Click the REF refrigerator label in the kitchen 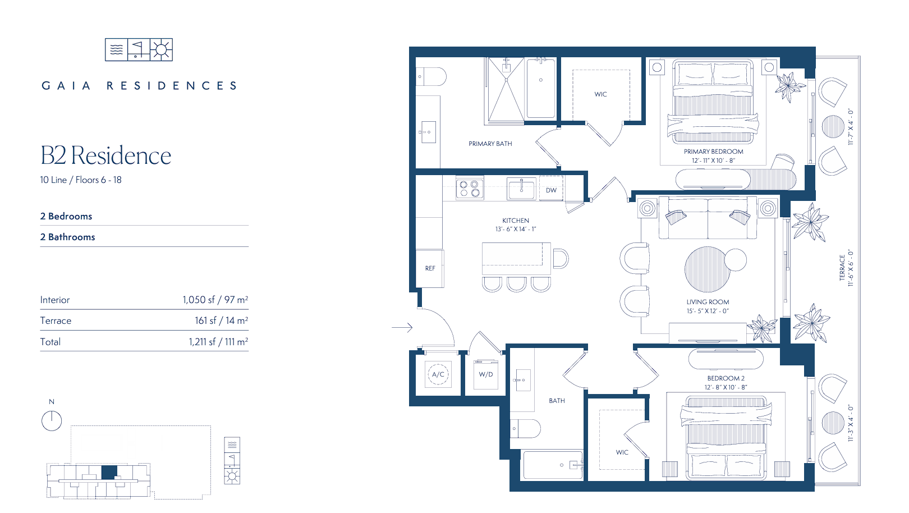[x=430, y=268]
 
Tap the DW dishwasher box [x=551, y=189]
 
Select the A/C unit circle [x=438, y=374]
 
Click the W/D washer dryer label [x=486, y=374]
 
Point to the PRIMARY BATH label [x=490, y=144]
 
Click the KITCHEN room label [x=516, y=221]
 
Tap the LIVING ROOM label [x=708, y=302]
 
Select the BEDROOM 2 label [x=726, y=378]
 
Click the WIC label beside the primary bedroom [x=600, y=94]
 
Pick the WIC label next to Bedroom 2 [x=622, y=452]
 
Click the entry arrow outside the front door [x=402, y=327]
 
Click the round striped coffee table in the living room [x=708, y=269]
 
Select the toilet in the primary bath [x=431, y=76]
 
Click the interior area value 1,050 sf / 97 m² [x=215, y=300]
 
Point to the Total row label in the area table [x=50, y=342]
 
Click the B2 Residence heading [x=106, y=155]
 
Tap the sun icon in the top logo [x=161, y=49]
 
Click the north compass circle [x=52, y=421]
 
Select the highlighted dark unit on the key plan [x=109, y=472]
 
